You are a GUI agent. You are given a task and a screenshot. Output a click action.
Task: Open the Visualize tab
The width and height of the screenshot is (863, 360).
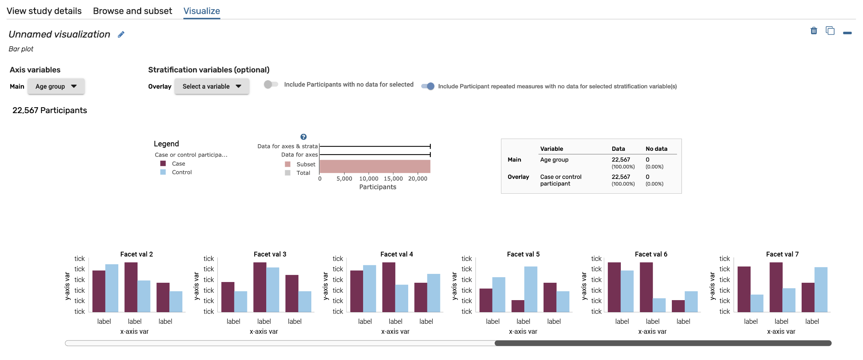click(x=202, y=11)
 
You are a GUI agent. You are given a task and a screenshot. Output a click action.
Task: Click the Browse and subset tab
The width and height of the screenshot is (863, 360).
click(x=132, y=11)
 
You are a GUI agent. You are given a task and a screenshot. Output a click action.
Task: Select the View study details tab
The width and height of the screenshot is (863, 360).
click(x=44, y=11)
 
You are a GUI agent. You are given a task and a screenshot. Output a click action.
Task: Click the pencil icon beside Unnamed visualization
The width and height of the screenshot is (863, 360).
click(x=121, y=34)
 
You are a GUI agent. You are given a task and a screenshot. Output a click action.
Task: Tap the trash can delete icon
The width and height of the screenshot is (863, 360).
click(x=813, y=31)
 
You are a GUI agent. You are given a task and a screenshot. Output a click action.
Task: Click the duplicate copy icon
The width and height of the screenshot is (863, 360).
click(x=830, y=31)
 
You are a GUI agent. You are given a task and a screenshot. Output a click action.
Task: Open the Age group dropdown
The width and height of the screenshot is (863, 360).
click(x=56, y=86)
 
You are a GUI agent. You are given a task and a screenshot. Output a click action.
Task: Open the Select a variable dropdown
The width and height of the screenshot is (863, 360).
click(x=211, y=86)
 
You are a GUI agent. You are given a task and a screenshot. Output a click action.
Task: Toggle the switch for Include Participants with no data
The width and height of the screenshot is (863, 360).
click(x=271, y=85)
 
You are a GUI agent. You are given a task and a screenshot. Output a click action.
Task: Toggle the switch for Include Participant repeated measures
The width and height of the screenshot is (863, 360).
click(x=428, y=86)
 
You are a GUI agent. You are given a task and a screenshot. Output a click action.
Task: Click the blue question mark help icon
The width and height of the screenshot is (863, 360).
click(x=304, y=137)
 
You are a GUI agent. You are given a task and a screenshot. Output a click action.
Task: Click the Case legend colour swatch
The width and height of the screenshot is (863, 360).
click(x=163, y=163)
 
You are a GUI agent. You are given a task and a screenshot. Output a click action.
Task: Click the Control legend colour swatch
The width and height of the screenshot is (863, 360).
click(x=163, y=172)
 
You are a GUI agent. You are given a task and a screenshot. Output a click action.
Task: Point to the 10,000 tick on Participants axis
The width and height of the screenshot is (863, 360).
click(x=369, y=179)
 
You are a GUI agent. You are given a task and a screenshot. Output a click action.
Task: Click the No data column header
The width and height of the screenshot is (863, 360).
click(x=656, y=149)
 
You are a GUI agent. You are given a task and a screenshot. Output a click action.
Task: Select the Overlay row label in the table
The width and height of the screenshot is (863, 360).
click(x=518, y=177)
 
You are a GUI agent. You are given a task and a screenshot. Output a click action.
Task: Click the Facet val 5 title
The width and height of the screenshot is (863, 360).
click(x=523, y=254)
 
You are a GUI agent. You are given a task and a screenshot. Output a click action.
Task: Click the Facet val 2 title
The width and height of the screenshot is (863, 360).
click(x=136, y=254)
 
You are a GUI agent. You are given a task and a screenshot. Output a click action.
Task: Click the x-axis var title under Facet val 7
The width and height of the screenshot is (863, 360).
click(x=781, y=332)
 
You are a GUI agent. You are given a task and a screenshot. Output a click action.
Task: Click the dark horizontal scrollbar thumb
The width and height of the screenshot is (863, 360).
click(x=663, y=343)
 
